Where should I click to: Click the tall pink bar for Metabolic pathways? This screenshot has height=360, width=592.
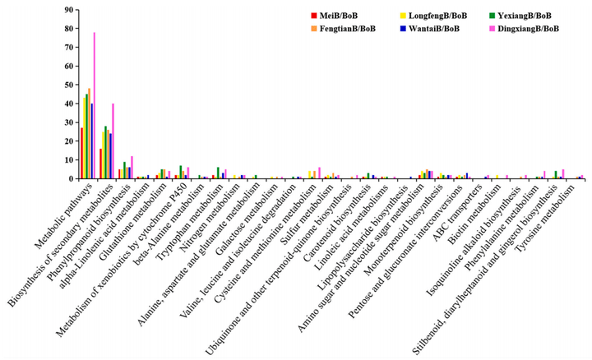pos(95,107)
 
